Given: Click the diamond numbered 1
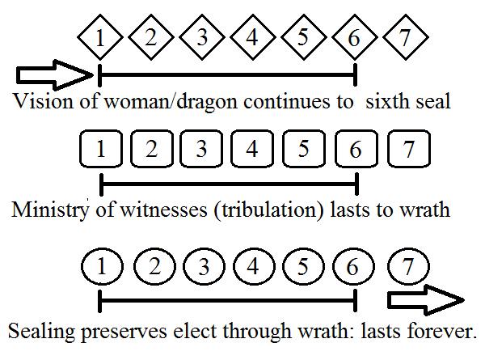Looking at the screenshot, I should pos(99,36).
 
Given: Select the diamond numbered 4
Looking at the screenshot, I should pos(252,36).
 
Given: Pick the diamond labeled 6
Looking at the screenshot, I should pos(356,36).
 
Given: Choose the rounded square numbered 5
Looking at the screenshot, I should pos(304,150).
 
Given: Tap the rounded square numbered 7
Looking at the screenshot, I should pos(408,150).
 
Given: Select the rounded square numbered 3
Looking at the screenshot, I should pos(201,150).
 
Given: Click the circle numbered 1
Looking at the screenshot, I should pos(100,266).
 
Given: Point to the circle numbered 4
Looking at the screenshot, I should pos(253,266).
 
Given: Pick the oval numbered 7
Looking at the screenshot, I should pos(408,266).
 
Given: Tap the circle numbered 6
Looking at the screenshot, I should pos(356,266).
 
